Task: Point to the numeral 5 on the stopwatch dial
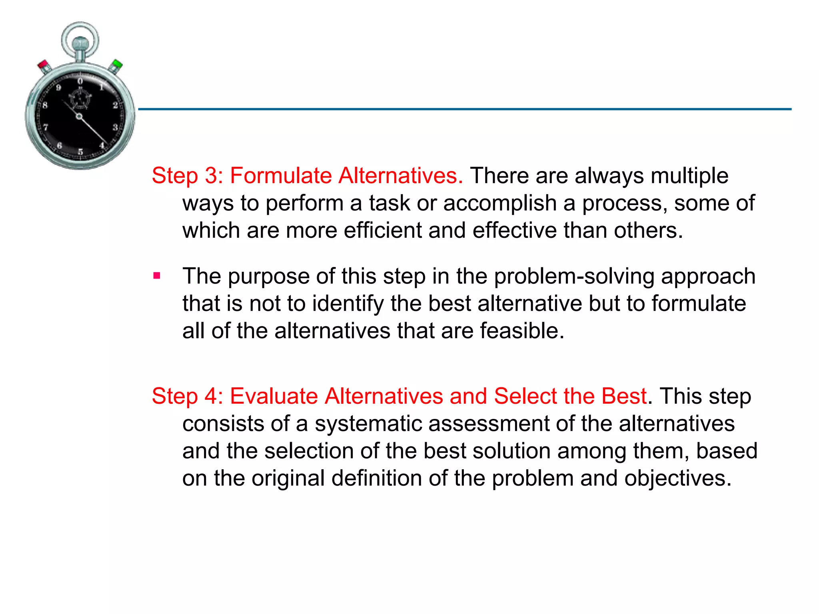80,152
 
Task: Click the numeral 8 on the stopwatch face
45,105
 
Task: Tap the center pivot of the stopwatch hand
79,117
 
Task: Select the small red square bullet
157,276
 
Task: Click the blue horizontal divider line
464,109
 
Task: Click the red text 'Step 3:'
187,176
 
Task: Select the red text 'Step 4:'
187,397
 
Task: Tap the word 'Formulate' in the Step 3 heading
281,176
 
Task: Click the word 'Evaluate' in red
274,397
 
